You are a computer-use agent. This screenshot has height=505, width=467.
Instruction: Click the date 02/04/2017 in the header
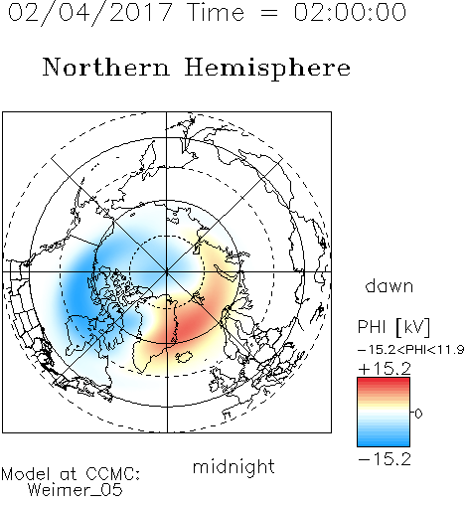point(90,13)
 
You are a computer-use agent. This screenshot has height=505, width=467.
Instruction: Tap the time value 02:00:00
point(350,12)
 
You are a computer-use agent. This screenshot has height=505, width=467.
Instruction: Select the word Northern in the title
point(106,67)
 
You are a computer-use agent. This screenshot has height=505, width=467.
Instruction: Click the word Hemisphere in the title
point(267,69)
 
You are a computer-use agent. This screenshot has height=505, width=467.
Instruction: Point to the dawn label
point(389,286)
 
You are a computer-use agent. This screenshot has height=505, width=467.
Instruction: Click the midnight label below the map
point(233,467)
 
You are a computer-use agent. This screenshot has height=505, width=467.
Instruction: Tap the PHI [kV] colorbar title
point(393,327)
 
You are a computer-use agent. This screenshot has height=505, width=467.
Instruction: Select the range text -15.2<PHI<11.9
point(410,350)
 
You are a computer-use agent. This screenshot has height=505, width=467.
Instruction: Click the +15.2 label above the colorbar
point(385,369)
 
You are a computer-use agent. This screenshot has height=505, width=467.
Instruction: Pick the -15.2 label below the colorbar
point(385,459)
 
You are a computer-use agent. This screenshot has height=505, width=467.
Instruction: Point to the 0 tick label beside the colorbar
point(418,414)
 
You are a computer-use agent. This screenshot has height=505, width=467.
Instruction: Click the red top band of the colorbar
point(384,382)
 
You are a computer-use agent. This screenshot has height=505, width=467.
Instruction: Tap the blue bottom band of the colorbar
point(384,441)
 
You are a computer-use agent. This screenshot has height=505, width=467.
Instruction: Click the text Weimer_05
point(76,489)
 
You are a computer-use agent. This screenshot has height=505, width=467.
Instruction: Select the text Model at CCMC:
point(71,474)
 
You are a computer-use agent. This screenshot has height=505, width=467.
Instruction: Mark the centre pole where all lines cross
point(167,271)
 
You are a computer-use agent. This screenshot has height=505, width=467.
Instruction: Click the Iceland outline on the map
point(184,357)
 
